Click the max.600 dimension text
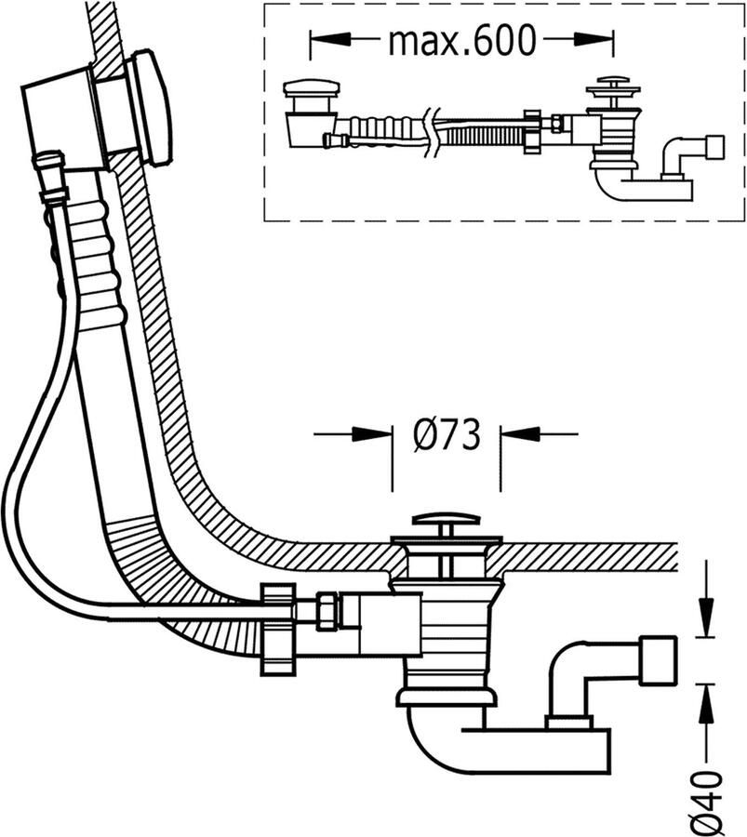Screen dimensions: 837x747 461,40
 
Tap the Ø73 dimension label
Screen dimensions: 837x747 446,434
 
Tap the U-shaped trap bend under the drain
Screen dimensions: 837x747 437,744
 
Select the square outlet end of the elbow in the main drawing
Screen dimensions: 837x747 660,659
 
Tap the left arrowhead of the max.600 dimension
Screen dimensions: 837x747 330,40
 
